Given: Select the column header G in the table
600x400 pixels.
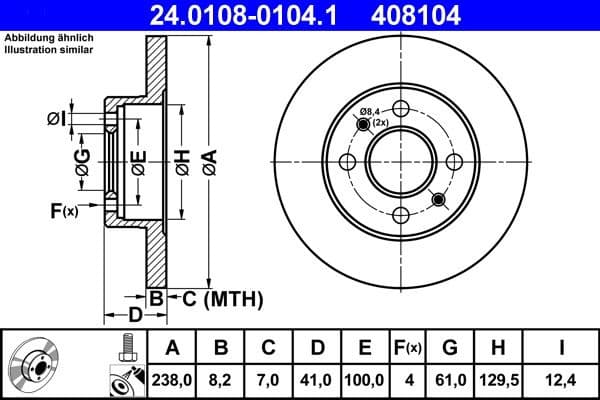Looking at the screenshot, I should (450, 348).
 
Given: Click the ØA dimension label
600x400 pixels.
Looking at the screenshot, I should (208, 160).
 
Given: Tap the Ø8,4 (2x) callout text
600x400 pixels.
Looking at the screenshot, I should (372, 117).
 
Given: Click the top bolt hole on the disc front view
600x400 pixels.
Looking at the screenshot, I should (401, 109).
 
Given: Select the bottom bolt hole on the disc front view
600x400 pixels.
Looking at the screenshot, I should (401, 214).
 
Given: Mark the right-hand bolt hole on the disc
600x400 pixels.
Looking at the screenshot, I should (453, 162).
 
